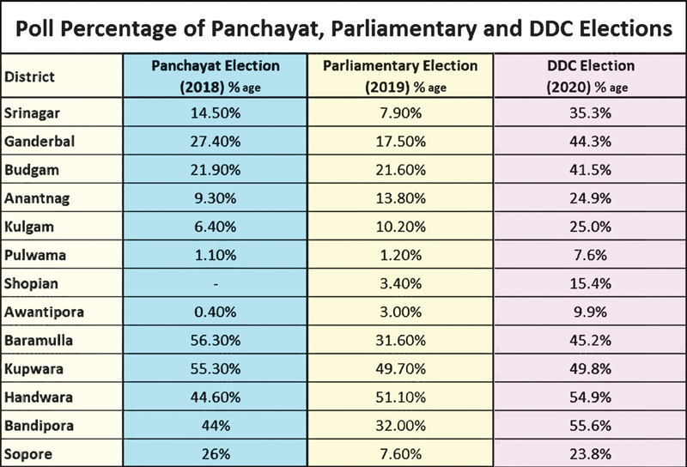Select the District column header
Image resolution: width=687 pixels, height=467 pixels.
30,76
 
